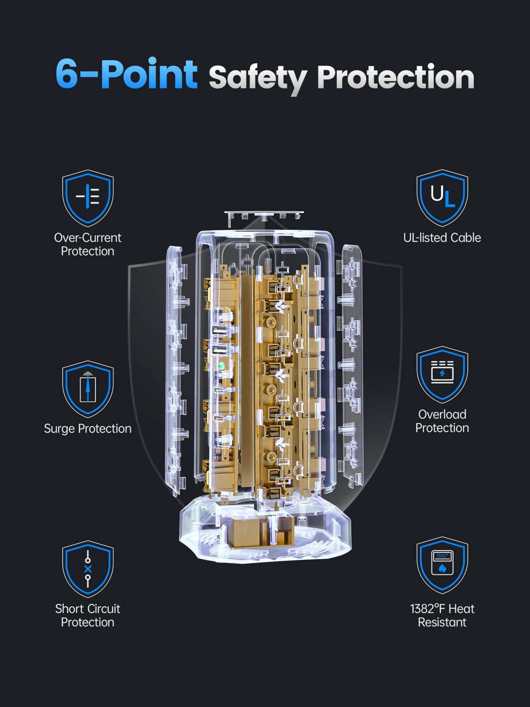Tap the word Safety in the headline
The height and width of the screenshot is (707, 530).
pyautogui.click(x=258, y=79)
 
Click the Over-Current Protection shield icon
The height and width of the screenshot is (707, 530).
pyautogui.click(x=88, y=198)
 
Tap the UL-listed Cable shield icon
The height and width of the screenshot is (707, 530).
pyautogui.click(x=442, y=198)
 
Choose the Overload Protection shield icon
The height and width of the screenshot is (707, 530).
pyautogui.click(x=442, y=375)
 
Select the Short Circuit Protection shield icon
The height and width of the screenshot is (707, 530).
pyautogui.click(x=88, y=569)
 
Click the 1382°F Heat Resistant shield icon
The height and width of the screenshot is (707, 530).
pyautogui.click(x=442, y=565)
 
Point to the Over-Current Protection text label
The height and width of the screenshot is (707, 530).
pyautogui.click(x=87, y=244)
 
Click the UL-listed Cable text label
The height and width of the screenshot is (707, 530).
pyautogui.click(x=442, y=238)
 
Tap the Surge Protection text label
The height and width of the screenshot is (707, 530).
pyautogui.click(x=88, y=429)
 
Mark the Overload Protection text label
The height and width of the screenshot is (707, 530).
pyautogui.click(x=442, y=421)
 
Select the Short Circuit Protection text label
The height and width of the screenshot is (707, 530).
pyautogui.click(x=87, y=616)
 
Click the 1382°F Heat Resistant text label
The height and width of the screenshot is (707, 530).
pyautogui.click(x=442, y=616)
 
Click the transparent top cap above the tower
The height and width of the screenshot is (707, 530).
pyautogui.click(x=264, y=216)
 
